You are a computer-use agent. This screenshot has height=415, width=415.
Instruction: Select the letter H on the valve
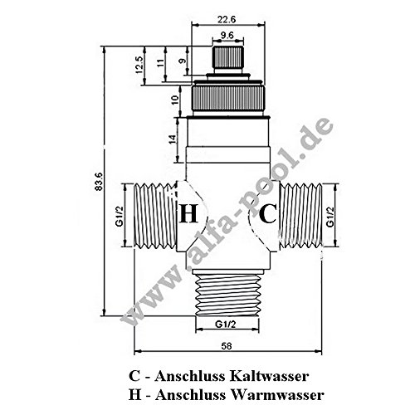(189, 214)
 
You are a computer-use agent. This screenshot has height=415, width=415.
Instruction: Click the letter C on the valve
(267, 214)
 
